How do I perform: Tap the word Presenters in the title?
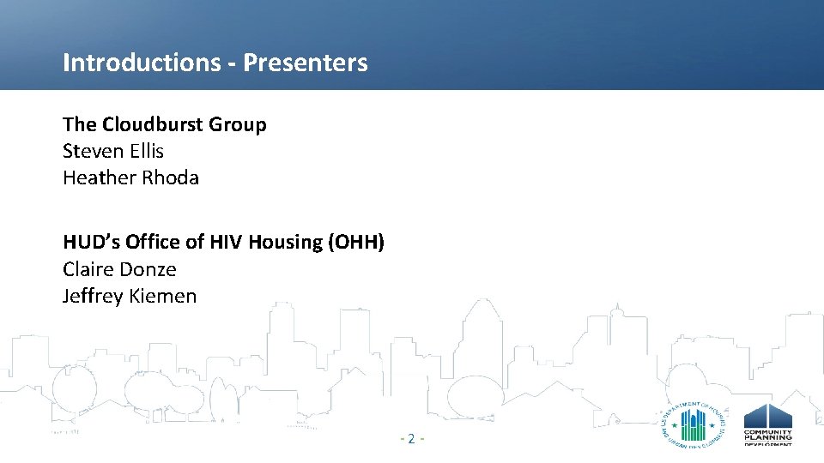click(x=306, y=63)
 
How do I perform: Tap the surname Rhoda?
click(x=168, y=178)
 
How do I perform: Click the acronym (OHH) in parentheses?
click(x=356, y=243)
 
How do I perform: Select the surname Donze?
click(x=148, y=269)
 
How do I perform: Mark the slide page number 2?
click(x=411, y=439)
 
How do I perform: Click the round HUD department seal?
click(x=694, y=424)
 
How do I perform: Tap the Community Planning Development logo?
click(x=767, y=424)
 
